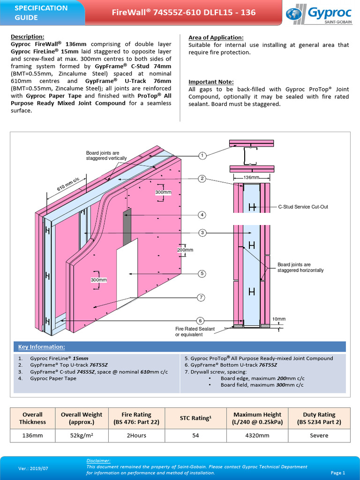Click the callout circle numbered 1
[202, 156]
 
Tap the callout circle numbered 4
[202, 215]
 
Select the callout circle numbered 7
[200, 297]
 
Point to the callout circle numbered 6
[200, 321]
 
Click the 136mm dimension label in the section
[252, 178]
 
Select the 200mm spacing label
[185, 250]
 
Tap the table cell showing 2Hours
[136, 435]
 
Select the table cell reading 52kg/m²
[82, 435]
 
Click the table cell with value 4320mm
[257, 435]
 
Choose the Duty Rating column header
[319, 418]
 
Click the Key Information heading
[41, 347]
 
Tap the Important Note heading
[211, 82]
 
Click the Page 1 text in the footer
[337, 472]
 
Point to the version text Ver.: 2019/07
[33, 468]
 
